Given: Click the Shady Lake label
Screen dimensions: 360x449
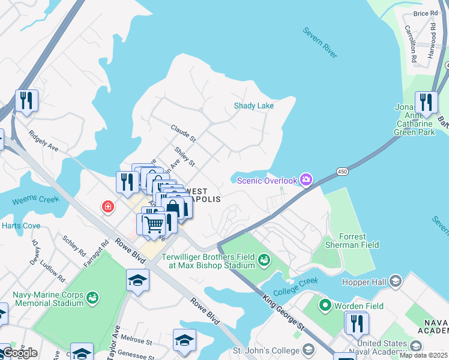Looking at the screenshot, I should [x=253, y=106].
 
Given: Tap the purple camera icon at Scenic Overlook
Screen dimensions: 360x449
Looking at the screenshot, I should [x=306, y=180].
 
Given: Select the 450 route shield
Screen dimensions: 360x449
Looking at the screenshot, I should [x=342, y=172].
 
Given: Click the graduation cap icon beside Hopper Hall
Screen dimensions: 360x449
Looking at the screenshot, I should [x=395, y=281].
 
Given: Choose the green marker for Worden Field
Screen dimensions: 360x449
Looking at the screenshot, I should [x=325, y=306].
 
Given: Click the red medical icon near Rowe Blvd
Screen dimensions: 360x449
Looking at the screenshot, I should [x=107, y=207].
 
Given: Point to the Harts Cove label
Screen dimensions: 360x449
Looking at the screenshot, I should [x=20, y=226].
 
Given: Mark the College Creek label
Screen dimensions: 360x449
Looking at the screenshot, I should [x=295, y=286].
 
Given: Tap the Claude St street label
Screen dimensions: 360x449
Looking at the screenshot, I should [x=183, y=133].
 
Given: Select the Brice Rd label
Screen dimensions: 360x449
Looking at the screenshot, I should [x=425, y=13].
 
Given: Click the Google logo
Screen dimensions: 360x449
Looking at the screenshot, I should [x=19, y=353].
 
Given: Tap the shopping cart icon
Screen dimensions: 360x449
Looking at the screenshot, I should [x=154, y=224].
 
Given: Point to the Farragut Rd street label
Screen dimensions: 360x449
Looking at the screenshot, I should [x=105, y=251].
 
